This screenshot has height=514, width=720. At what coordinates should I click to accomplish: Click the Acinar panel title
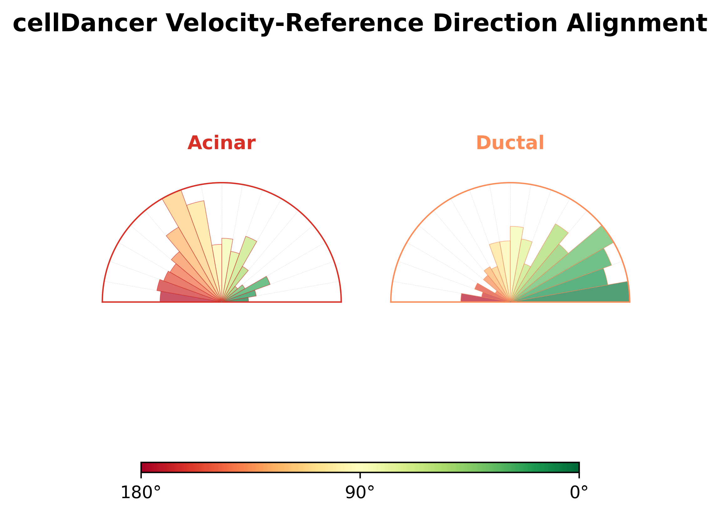coord(222,143)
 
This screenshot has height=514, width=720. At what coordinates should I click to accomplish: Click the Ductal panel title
coord(510,143)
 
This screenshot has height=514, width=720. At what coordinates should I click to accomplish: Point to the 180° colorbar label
coord(140,493)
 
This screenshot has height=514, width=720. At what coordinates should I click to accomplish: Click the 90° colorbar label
coord(360,493)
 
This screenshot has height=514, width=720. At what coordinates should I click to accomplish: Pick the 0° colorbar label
coord(579,493)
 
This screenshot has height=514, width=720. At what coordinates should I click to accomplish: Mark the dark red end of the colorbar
coord(143,467)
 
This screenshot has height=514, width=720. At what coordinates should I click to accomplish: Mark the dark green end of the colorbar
coord(577,467)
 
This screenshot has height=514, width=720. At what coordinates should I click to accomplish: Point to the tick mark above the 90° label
coord(360,475)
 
